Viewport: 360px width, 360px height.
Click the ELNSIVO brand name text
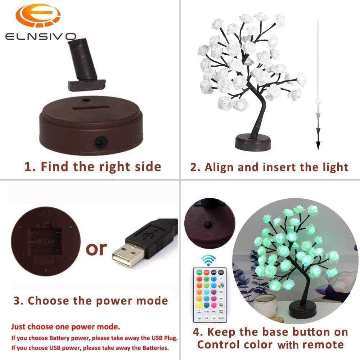(x=40, y=36)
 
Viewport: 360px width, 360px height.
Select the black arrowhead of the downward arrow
(x=318, y=144)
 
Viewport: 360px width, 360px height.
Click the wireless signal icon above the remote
(x=208, y=260)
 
